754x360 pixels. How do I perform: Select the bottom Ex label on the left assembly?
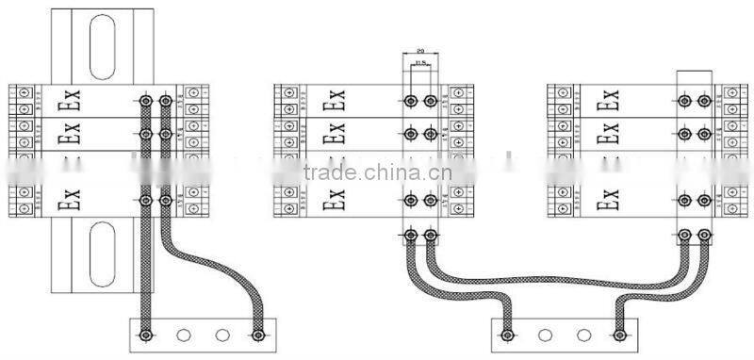(x=68, y=199)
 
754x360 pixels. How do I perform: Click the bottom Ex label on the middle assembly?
(x=333, y=199)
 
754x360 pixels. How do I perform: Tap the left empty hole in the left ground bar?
(x=185, y=334)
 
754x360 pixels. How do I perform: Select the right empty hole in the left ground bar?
(x=221, y=334)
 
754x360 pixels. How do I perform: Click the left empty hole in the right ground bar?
(x=544, y=334)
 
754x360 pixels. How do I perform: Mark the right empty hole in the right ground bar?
(x=583, y=334)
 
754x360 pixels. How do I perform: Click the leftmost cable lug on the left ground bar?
(x=146, y=334)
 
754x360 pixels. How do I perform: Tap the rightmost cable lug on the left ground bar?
(x=256, y=334)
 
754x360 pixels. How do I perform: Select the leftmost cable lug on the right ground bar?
(x=506, y=334)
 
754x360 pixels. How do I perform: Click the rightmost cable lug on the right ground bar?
(x=619, y=334)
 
